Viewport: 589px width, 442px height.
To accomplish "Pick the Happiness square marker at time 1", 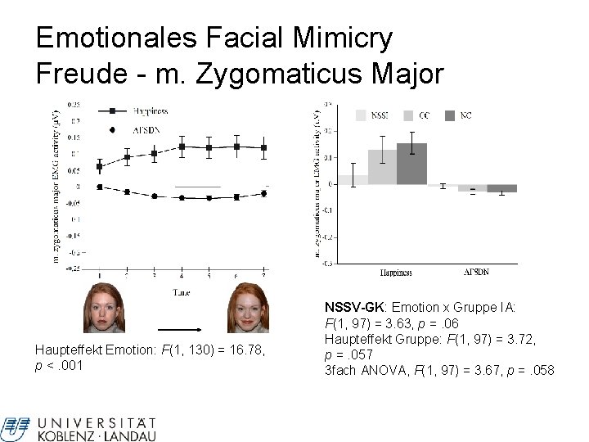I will (x=100, y=166).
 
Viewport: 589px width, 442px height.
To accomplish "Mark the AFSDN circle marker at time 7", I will (x=263, y=193).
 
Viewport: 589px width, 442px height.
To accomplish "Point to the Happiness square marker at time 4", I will (x=182, y=147).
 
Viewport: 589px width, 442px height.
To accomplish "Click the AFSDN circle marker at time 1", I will (x=100, y=187).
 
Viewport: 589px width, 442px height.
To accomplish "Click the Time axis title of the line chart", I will (x=182, y=291).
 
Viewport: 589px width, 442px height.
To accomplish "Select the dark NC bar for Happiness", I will (x=411, y=164).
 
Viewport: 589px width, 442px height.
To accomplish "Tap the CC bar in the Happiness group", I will (x=382, y=167).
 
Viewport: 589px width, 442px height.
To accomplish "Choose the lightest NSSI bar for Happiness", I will (x=353, y=179).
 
